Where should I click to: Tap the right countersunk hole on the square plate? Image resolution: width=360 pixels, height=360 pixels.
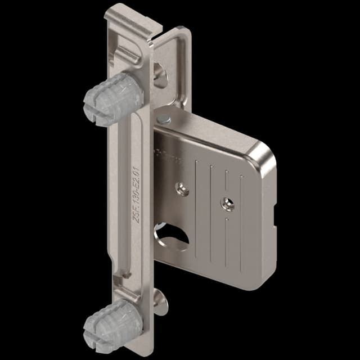[227, 204]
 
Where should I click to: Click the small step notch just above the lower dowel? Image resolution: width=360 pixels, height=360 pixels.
[127, 275]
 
